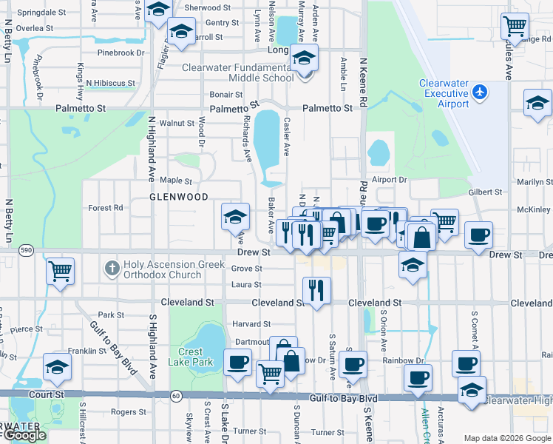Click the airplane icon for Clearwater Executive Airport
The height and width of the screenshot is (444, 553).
coord(481,92)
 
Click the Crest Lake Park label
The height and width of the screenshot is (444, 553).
coord(195,357)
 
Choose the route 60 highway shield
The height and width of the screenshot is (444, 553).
coord(176,396)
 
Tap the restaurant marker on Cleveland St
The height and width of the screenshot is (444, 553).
coord(317,289)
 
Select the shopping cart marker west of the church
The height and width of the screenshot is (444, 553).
coord(60,269)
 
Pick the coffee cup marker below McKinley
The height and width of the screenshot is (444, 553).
coord(478,234)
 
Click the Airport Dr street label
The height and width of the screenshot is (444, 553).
coord(390,180)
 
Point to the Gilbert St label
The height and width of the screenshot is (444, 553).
coord(485,192)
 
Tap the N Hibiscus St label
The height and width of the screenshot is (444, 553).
coord(110,83)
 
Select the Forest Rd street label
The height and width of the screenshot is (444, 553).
coord(106,208)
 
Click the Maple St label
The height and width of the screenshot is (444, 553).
coord(176,180)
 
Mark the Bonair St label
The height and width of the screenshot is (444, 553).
coord(225,95)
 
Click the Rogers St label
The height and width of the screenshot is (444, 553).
coord(123,412)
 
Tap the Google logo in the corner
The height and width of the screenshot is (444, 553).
coord(24,435)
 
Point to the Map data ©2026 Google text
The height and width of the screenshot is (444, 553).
coord(507,438)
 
